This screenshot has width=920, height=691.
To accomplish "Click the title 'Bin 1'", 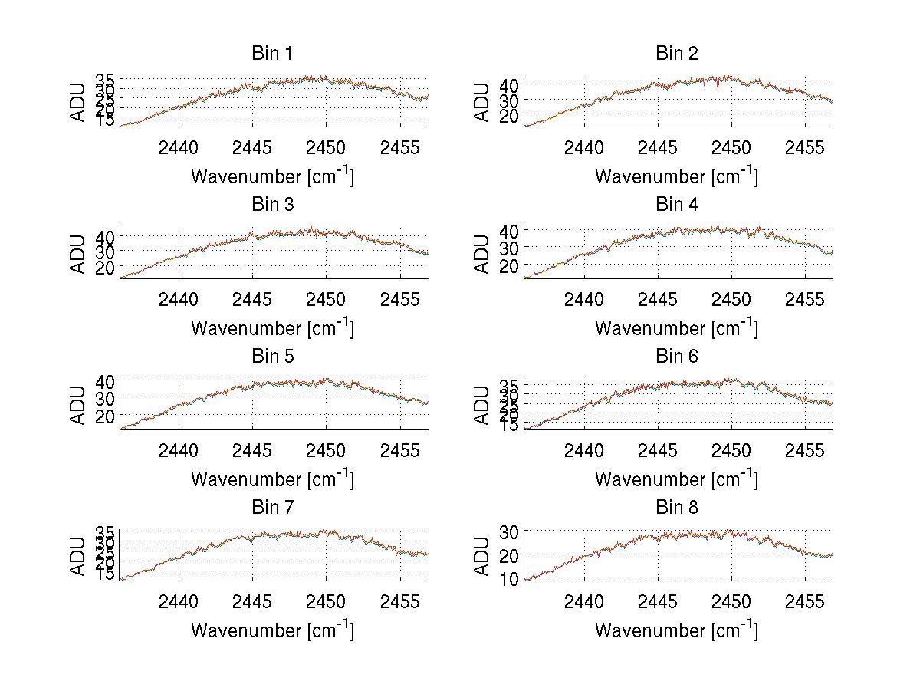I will pyautogui.click(x=271, y=53).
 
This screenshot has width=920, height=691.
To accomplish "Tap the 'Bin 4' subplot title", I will pyautogui.click(x=676, y=204).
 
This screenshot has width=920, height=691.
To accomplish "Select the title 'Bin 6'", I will pyautogui.click(x=676, y=356).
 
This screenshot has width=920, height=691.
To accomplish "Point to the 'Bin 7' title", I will pyautogui.click(x=271, y=507).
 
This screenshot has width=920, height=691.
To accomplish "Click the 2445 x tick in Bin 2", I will pyautogui.click(x=657, y=147).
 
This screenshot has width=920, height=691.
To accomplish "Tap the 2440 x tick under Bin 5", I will pyautogui.click(x=179, y=450).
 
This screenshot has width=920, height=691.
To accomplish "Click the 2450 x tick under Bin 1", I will pyautogui.click(x=327, y=147).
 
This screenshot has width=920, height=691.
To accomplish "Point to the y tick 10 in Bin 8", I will pyautogui.click(x=510, y=578).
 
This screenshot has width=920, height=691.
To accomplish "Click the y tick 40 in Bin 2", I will pyautogui.click(x=510, y=84).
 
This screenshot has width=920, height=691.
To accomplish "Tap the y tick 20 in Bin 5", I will pyautogui.click(x=106, y=415).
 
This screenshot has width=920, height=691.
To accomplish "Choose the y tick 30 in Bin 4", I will pyautogui.click(x=510, y=247).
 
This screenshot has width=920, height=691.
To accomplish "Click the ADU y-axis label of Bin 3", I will pyautogui.click(x=78, y=252).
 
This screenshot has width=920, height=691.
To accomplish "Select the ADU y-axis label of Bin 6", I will pyautogui.click(x=482, y=404).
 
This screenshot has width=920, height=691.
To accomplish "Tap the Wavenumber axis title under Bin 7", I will pyautogui.click(x=271, y=630).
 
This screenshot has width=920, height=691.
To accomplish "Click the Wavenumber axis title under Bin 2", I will pyautogui.click(x=676, y=176).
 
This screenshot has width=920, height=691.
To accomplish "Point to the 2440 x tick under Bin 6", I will pyautogui.click(x=583, y=450).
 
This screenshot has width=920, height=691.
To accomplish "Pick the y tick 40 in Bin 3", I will pyautogui.click(x=106, y=235).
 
